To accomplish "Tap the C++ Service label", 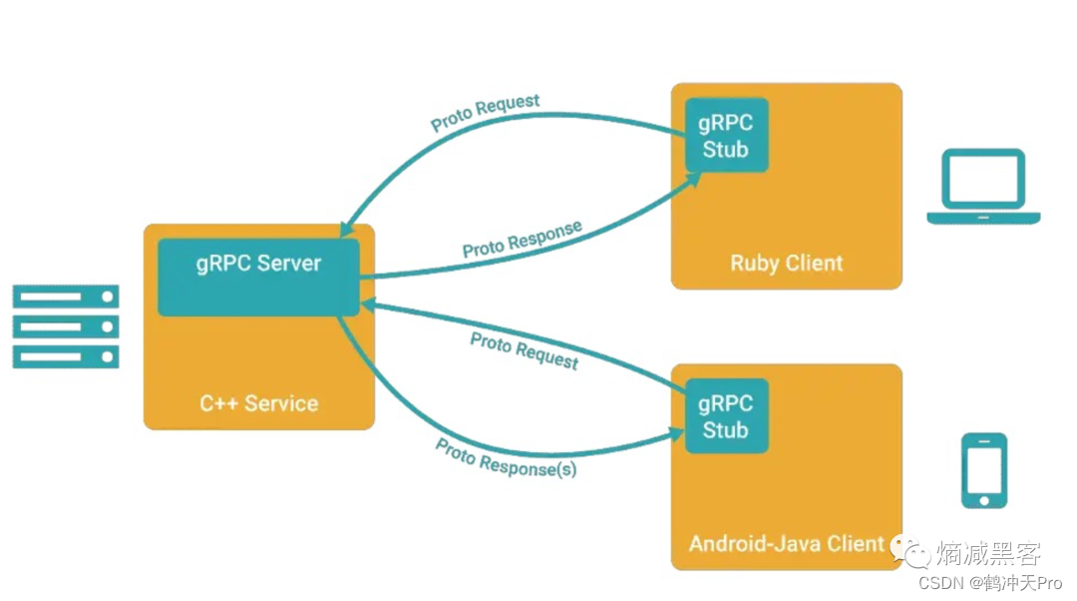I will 258,404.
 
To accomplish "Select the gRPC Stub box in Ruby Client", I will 726,136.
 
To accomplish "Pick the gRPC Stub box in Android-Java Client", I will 726,416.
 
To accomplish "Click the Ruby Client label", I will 786,264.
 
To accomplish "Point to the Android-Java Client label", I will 786,544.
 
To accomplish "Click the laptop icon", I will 983,187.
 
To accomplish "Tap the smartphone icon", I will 983,470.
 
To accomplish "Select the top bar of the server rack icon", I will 66,297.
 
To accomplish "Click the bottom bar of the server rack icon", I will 66,356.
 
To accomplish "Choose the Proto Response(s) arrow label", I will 506,457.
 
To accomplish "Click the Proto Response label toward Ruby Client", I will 522,240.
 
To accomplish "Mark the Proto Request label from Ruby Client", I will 486,113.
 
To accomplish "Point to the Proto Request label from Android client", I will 525,350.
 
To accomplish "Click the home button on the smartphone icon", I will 983,498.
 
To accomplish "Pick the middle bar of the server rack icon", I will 66,326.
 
